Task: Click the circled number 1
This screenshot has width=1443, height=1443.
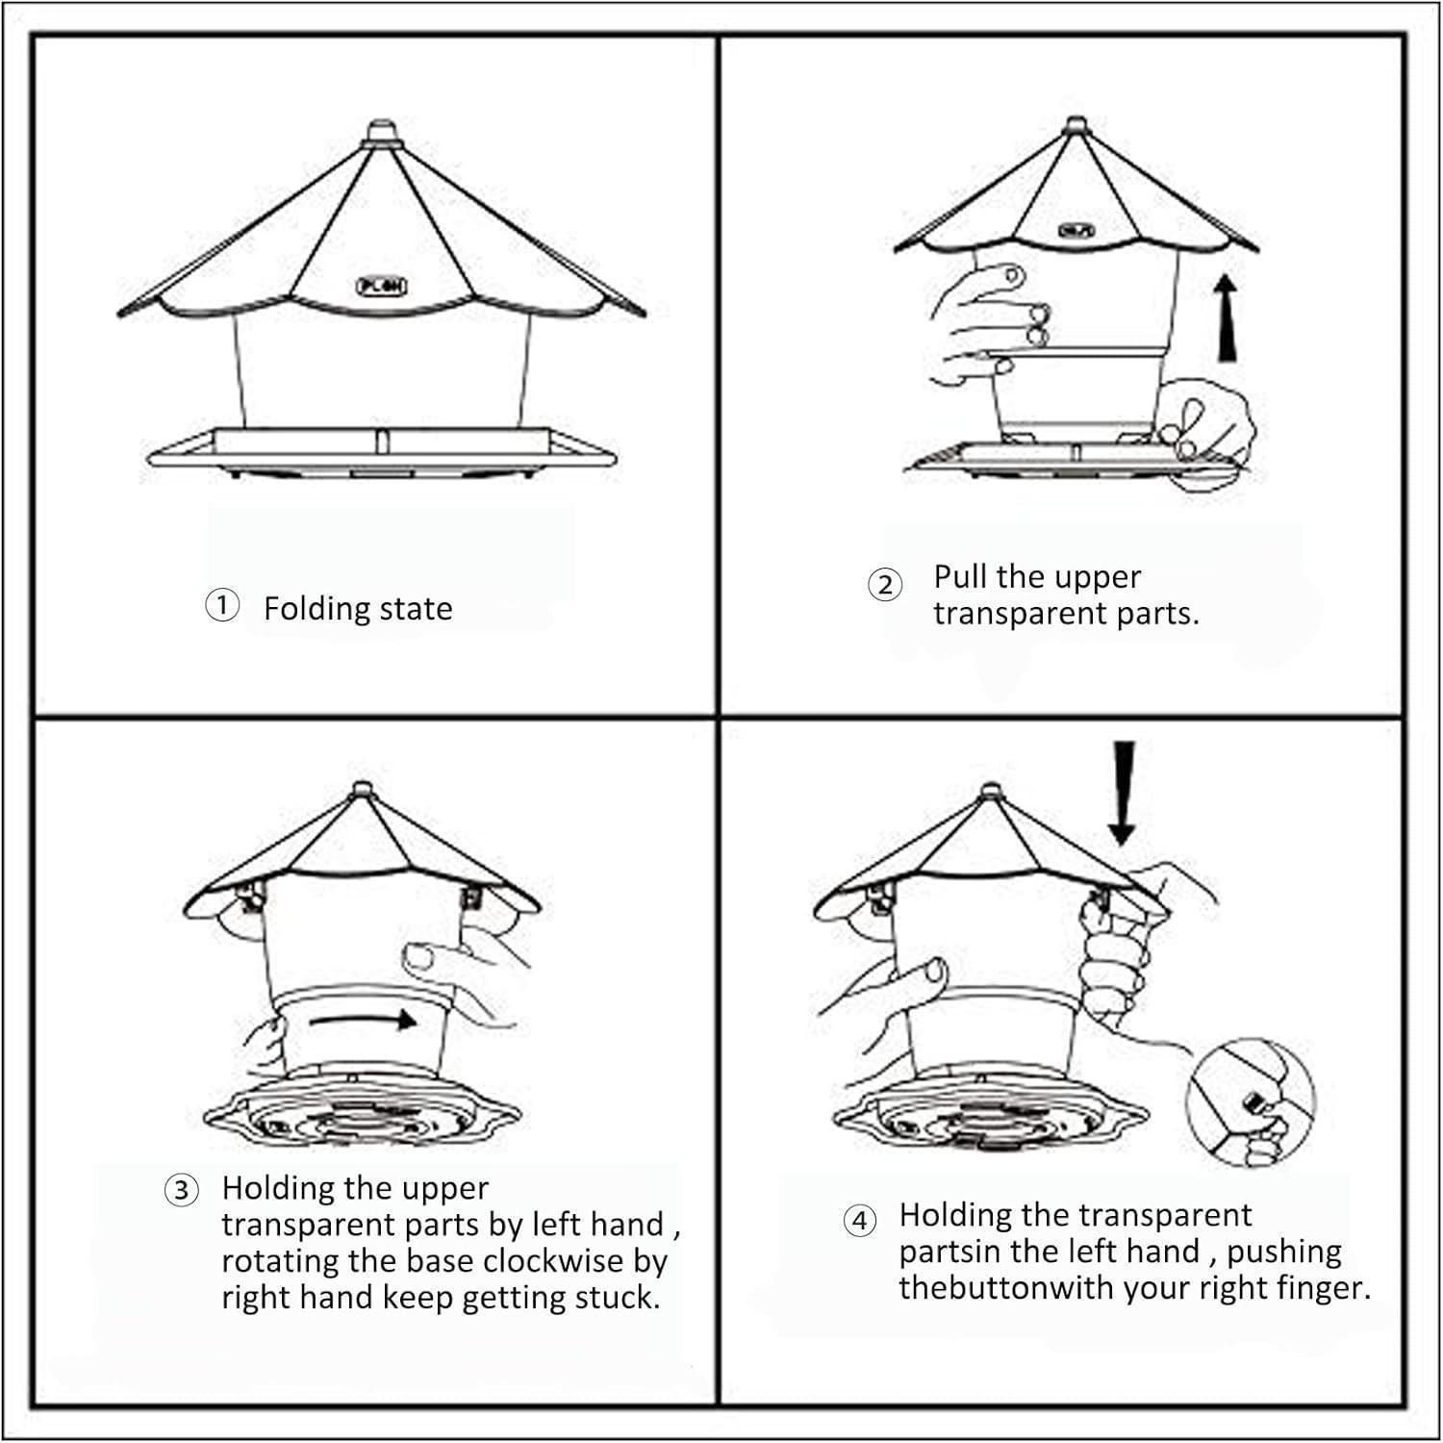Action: point(222,606)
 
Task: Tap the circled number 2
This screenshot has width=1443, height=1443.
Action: point(885,584)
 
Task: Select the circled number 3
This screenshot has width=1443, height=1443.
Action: point(181,1190)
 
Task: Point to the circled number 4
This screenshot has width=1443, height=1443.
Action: point(860,1221)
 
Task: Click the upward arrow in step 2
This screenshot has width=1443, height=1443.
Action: point(1225,316)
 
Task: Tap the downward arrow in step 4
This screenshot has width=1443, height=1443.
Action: point(1122,792)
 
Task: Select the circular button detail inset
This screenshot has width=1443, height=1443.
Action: point(1251,1102)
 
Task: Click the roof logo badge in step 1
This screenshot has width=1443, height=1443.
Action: point(382,286)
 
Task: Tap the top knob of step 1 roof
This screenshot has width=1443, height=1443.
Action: point(382,132)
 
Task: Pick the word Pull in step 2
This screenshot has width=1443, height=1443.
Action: point(961,576)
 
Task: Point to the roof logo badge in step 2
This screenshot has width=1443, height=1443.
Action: point(1076,230)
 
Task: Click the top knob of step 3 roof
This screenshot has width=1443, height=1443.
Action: point(362,790)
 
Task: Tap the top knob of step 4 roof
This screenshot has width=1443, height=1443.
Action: point(991,793)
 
